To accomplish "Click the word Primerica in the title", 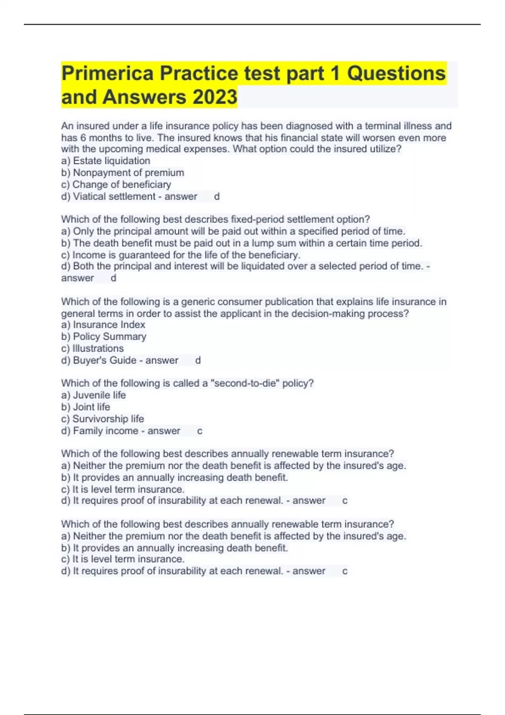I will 108,73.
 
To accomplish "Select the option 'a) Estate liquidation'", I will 106,161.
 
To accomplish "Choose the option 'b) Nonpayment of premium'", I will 122,172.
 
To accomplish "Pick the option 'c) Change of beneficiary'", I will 116,184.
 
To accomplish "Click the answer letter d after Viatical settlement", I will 217,196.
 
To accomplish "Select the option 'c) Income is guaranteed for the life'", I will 181,255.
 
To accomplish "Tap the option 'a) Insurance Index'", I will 103,325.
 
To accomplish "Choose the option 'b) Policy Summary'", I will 104,336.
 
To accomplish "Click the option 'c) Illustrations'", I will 93,348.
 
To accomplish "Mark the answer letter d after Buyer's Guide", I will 198,360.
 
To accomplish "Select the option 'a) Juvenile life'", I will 93,395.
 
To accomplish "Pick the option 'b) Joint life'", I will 85,407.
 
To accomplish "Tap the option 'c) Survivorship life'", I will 102,419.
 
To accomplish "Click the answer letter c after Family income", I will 199,431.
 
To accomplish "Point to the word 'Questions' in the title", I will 396,73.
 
